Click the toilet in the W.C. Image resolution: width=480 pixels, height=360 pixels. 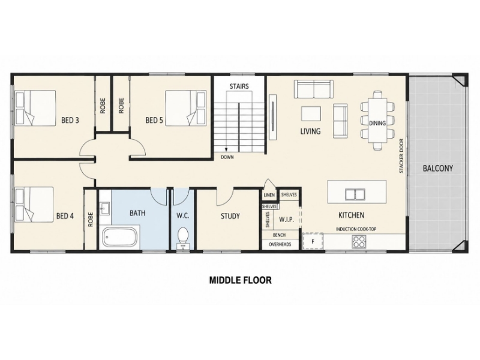(x=183, y=238)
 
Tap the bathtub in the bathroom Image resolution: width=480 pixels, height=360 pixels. (x=119, y=237)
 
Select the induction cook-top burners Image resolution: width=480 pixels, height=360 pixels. (x=359, y=241)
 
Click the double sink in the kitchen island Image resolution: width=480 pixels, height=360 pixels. (x=355, y=194)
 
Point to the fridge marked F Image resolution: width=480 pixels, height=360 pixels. (x=313, y=241)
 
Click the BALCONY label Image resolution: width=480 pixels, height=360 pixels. (x=438, y=168)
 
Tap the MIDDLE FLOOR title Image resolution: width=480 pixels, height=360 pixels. (x=241, y=280)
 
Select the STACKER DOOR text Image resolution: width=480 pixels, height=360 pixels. (x=401, y=156)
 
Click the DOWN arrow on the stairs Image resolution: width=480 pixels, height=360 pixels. (x=226, y=149)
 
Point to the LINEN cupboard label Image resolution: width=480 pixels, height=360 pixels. (x=269, y=195)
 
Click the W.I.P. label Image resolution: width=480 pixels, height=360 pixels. (x=287, y=220)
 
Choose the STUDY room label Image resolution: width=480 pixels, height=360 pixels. (x=230, y=217)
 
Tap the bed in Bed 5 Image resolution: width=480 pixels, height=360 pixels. (x=185, y=108)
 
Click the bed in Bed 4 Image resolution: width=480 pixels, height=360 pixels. (x=34, y=205)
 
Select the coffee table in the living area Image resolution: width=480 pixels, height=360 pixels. (x=311, y=113)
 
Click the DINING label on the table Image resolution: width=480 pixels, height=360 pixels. (x=377, y=123)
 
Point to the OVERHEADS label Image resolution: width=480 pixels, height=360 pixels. (x=280, y=244)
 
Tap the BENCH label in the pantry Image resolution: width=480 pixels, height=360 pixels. (x=279, y=235)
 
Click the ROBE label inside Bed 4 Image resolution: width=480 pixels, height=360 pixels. (x=91, y=220)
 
